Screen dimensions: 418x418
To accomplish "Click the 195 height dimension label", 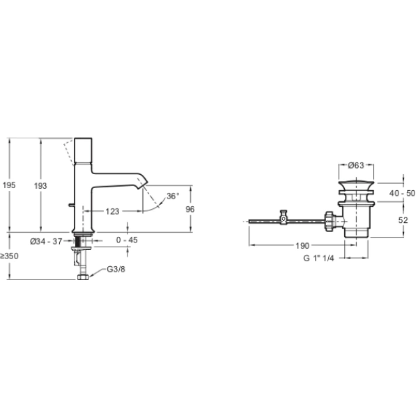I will click(9, 185).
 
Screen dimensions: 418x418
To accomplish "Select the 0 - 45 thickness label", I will click(127, 241).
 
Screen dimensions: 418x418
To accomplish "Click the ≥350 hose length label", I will click(10, 256).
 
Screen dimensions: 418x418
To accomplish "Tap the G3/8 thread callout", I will click(116, 270).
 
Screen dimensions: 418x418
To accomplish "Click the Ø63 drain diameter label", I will click(357, 165).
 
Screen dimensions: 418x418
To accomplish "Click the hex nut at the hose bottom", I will click(83, 277).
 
